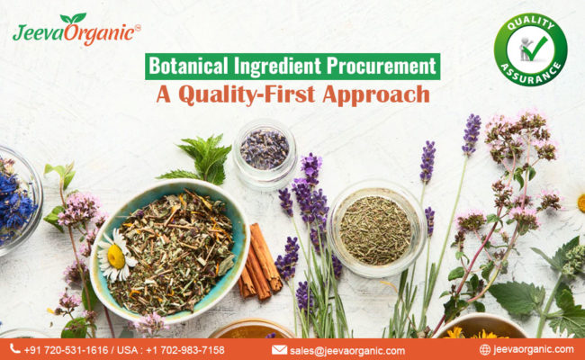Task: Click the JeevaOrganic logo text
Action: [76, 32]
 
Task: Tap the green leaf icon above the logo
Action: [73, 17]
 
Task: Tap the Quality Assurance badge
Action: [530, 49]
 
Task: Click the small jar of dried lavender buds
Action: [265, 149]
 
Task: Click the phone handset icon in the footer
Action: [14, 349]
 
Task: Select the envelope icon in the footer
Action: [279, 349]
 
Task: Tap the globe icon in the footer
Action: [485, 349]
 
